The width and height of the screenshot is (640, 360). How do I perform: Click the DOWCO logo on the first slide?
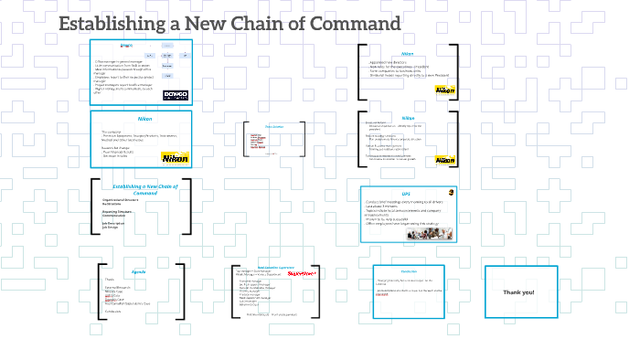coord(174,94)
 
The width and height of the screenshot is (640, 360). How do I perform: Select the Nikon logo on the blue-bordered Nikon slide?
coord(174,157)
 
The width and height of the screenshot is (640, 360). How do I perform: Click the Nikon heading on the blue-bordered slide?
coord(144,120)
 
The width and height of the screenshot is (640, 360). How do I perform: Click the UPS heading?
coord(406,194)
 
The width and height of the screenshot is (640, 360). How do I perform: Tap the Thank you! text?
coord(518,291)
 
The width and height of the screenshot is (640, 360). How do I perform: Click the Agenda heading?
coord(139,271)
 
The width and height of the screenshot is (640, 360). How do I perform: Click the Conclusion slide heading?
coord(409,270)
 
